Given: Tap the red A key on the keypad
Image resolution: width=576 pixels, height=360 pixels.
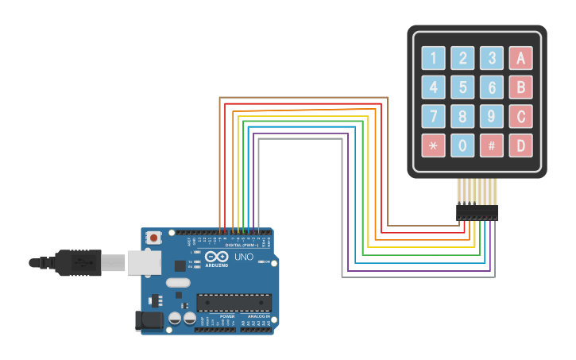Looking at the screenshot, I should tap(520, 58).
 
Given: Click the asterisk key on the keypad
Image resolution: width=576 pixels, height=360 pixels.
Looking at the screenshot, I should tap(433, 145).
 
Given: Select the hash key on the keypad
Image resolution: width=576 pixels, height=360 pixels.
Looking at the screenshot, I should tap(491, 145).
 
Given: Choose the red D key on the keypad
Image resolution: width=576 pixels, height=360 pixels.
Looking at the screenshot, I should tap(520, 145).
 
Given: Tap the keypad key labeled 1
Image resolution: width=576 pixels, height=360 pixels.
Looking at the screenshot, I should tap(433, 58).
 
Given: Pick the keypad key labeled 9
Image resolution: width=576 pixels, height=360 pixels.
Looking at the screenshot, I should tap(491, 116).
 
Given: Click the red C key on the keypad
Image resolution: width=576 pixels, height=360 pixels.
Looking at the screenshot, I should tap(520, 116).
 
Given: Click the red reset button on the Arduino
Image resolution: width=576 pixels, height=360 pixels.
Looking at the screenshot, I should tap(153, 237).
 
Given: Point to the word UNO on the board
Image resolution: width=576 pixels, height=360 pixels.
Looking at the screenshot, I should tap(243, 257).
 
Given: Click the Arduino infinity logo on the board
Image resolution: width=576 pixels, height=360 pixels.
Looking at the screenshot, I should tap(216, 257).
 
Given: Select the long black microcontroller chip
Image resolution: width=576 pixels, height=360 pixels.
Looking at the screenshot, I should tap(234, 303).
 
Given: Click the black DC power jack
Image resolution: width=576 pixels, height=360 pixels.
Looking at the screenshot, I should tap(148, 320).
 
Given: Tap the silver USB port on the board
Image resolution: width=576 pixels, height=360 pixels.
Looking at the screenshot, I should tap(144, 262).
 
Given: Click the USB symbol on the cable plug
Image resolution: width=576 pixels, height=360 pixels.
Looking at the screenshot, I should tap(79, 262).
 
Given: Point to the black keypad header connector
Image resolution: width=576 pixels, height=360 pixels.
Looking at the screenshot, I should tap(477, 213).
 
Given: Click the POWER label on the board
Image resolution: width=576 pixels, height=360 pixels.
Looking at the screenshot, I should tap(227, 315).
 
